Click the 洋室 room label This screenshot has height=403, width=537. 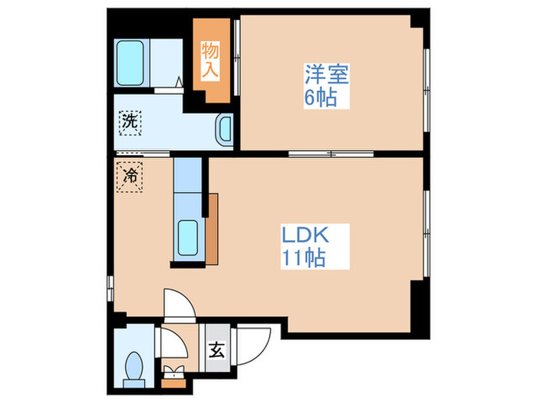[x=327, y=75]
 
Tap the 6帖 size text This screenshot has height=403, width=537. [x=321, y=98]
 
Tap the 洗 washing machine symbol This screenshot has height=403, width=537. [x=130, y=121]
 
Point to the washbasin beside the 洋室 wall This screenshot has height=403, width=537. [x=225, y=128]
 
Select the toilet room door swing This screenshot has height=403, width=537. [x=173, y=343]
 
